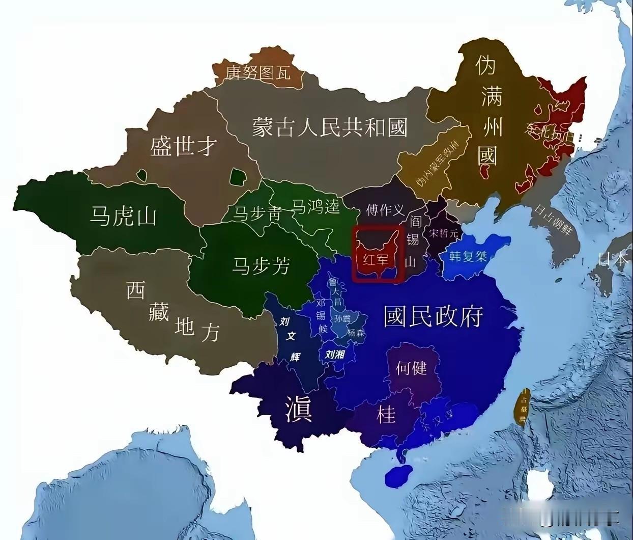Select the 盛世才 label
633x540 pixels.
coord(183,147)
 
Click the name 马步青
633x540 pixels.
coord(257,212)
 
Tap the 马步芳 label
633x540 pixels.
coord(261,265)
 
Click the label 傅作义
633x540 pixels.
coord(385,210)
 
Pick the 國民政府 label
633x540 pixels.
coord(433,317)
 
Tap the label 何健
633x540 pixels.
coord(411,367)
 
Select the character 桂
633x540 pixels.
coord(386,414)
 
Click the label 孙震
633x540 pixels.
coord(342,319)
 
